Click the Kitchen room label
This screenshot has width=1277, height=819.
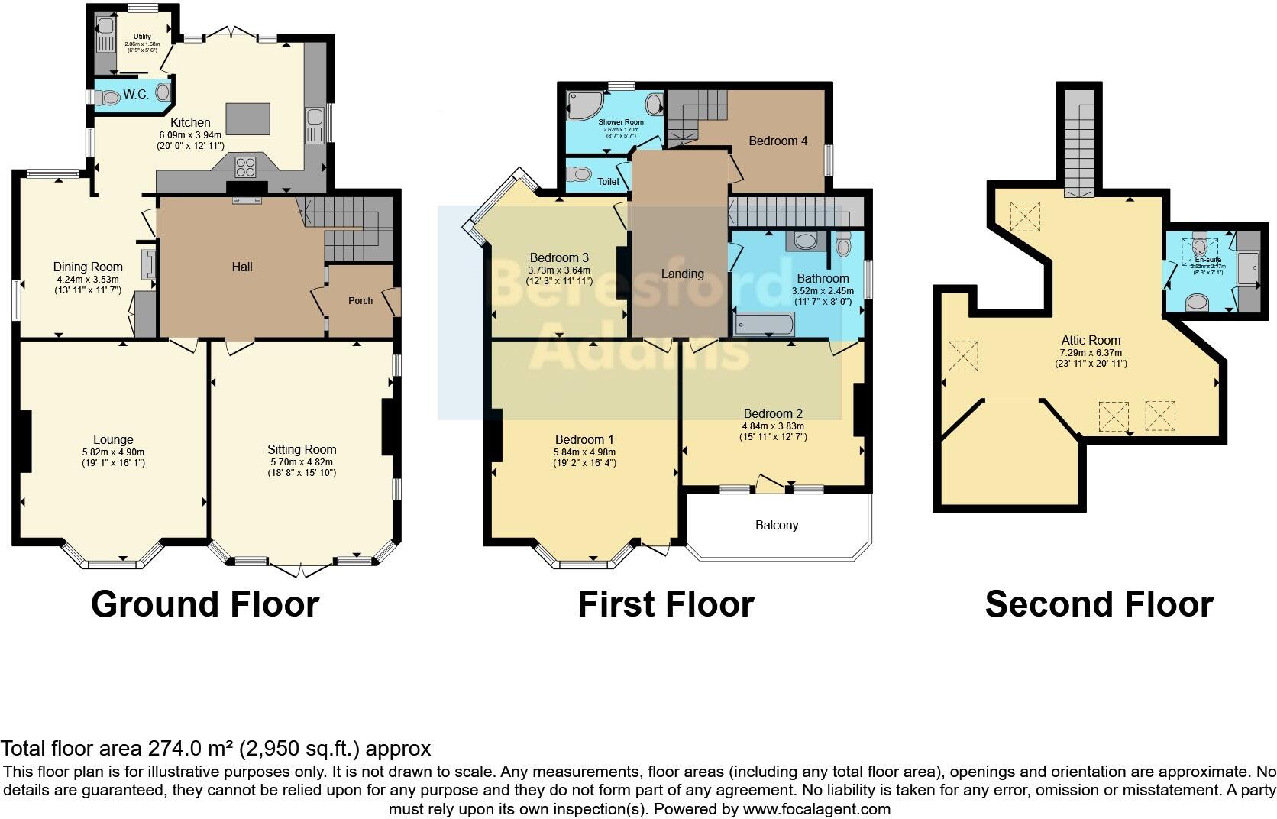[x=190, y=122]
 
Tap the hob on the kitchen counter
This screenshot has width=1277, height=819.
[x=247, y=166]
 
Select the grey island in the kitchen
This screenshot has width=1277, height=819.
[x=247, y=119]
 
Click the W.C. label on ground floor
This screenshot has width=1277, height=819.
[x=135, y=95]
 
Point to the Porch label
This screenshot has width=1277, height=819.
[x=360, y=300]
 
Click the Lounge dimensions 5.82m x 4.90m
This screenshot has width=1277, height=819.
[x=113, y=452]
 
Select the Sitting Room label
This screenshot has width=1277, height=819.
[x=302, y=449]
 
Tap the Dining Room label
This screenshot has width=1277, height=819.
[x=88, y=267]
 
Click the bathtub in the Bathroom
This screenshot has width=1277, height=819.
[x=764, y=325]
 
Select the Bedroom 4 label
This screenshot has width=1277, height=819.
[x=778, y=141]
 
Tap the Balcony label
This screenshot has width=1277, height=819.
[x=777, y=525]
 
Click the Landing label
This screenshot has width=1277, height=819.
[x=682, y=274]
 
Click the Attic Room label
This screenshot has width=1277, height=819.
[x=1091, y=340]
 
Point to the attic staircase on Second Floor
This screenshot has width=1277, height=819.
[x=1080, y=145]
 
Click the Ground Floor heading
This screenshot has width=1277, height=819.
[x=205, y=604]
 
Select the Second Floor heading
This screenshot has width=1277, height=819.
[x=1098, y=604]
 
